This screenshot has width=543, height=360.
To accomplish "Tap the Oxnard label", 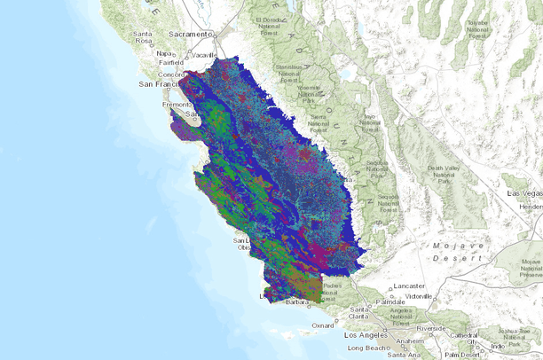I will pos(324,325).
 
